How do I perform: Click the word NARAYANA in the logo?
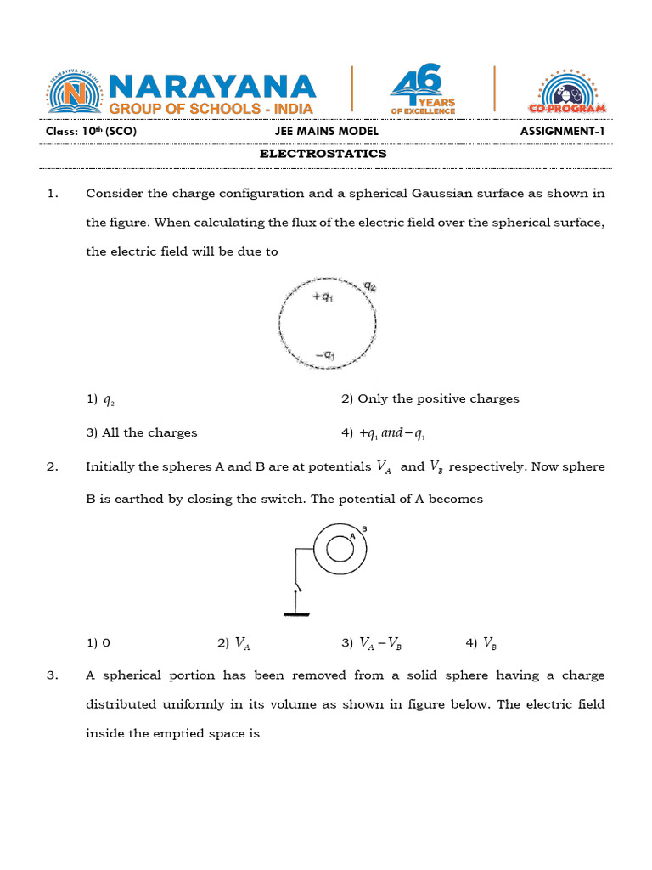tap(212, 85)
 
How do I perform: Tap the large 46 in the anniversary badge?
tap(418, 85)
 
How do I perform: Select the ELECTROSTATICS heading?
tap(323, 154)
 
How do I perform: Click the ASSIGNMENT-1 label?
tap(563, 132)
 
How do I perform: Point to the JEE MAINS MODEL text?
tap(326, 132)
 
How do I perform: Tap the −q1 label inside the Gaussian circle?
tap(324, 353)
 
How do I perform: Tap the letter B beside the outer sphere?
tap(363, 528)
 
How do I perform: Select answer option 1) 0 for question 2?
tap(98, 643)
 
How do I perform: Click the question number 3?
tap(53, 675)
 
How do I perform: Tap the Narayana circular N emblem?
tap(75, 92)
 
